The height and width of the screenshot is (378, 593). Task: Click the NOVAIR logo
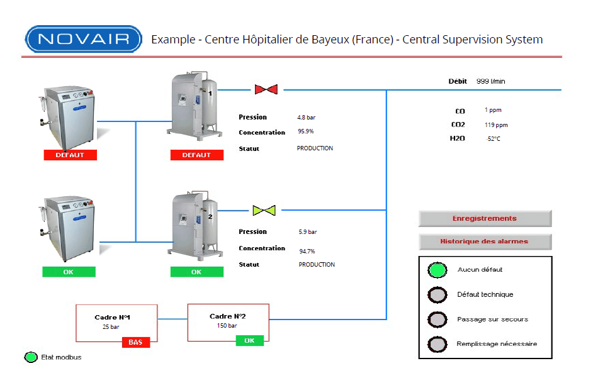click(84, 39)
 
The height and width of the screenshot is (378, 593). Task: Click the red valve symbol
click(266, 89)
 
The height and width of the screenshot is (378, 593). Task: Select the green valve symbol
click(264, 210)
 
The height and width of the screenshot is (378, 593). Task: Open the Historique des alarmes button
click(485, 242)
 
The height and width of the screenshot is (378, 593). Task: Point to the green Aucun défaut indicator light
click(438, 270)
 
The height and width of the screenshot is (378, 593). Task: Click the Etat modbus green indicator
click(31, 357)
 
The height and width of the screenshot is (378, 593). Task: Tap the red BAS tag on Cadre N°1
click(136, 342)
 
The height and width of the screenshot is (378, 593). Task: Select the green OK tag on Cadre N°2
click(250, 341)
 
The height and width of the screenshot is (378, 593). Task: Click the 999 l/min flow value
click(491, 81)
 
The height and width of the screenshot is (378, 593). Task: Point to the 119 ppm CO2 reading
click(496, 125)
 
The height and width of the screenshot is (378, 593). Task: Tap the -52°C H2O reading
click(493, 139)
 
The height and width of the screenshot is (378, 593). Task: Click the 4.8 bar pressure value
click(307, 117)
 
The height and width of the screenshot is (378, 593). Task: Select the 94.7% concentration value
click(307, 251)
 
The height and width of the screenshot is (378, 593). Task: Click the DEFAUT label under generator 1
click(197, 155)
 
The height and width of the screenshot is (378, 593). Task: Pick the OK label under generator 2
click(197, 272)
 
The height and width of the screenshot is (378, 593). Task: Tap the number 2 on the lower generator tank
click(210, 216)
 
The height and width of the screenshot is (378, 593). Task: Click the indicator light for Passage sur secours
click(438, 320)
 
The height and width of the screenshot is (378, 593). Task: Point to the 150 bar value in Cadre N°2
click(227, 325)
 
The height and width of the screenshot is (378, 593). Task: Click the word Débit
click(458, 81)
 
